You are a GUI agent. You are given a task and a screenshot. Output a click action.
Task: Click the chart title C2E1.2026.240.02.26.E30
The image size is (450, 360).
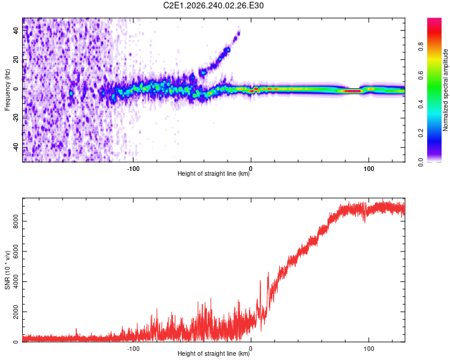coord(213,5)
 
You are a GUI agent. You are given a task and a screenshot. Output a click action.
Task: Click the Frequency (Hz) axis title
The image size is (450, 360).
coord(7,90)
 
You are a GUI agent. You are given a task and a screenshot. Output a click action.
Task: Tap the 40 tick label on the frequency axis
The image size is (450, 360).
coord(16,31)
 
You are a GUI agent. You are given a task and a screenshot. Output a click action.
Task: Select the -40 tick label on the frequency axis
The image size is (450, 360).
coord(16,148)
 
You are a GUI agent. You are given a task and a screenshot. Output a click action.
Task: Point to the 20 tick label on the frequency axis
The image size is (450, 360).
coord(16,60)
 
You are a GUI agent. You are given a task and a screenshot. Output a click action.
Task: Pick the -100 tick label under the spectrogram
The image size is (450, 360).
coord(133,169)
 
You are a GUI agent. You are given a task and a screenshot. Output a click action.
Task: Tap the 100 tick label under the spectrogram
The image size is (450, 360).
coord(369,169)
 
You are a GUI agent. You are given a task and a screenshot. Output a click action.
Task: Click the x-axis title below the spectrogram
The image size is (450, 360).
coord(214,173)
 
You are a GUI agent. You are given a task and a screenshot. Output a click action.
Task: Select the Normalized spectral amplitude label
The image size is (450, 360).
coord(445,90)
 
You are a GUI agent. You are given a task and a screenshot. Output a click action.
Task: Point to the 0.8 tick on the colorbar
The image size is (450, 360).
coord(421,47)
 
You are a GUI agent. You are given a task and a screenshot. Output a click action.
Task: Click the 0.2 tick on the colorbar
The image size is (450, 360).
coord(421,133)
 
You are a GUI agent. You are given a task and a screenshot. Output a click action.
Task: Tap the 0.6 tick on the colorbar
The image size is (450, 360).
coord(421,76)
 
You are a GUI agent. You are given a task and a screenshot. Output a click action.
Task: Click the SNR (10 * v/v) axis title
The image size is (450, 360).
coord(7,270)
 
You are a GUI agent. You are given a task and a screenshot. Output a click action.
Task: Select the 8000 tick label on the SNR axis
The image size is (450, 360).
coord(16,221)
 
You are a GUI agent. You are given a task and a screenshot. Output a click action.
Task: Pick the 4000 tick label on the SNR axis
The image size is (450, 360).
coord(16,281)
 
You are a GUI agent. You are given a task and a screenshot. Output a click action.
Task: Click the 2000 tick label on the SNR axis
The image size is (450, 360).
coord(16,312)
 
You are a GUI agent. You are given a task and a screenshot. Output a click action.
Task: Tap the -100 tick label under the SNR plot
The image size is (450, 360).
coord(133,349)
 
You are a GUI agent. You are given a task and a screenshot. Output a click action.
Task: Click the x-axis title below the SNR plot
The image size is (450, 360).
coord(214,353)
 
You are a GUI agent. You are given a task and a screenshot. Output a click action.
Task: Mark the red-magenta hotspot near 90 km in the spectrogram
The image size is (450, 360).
coord(352,91)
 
